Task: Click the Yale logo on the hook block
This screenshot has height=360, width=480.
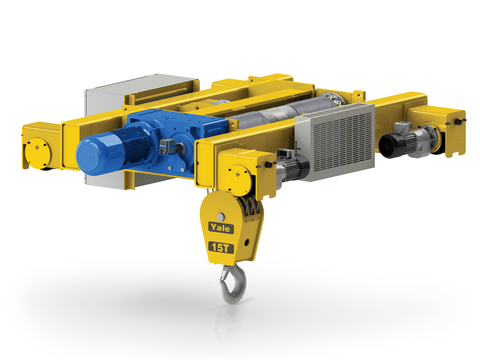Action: click(221, 228)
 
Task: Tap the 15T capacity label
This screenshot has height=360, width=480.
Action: click(221, 248)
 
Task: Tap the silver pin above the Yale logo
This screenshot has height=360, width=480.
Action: click(221, 217)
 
